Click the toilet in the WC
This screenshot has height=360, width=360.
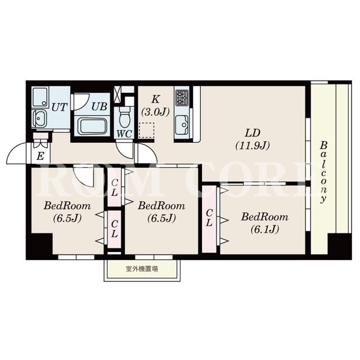[125, 116]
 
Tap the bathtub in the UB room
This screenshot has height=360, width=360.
[92, 125]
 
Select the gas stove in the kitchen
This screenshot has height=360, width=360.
[182, 97]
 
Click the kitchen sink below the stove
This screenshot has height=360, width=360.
[182, 124]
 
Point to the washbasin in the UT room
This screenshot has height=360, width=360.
[39, 119]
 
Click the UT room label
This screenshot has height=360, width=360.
[60, 107]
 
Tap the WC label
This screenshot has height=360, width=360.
[124, 134]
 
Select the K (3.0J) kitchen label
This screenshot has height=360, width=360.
[155, 106]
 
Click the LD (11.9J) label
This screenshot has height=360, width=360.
[253, 139]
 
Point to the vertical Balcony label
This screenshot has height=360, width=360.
[324, 172]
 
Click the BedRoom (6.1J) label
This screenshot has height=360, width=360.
[264, 223]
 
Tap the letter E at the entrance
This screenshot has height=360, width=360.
[40, 156]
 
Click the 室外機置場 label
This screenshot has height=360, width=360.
[142, 269]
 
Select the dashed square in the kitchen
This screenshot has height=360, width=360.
[146, 130]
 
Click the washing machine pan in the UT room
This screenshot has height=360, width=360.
[40, 97]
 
